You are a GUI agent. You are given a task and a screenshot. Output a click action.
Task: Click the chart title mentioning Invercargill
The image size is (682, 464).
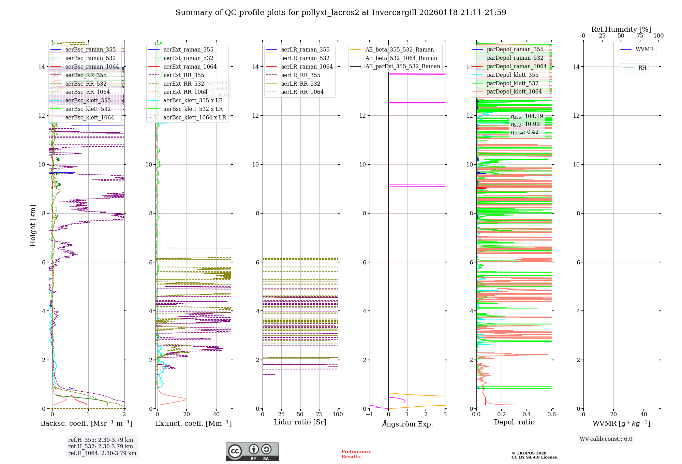coord(341,13)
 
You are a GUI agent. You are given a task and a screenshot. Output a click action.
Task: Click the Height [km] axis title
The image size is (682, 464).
coord(33,225)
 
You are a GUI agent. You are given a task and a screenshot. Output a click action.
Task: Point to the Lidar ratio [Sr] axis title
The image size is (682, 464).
coord(300,422)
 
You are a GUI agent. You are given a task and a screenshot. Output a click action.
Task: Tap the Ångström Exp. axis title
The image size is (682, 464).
coord(407,424)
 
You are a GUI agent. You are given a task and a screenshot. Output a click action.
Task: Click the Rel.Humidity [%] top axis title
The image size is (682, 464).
coord(621,29)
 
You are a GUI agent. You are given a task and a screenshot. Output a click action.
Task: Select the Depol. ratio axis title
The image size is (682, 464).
coord(514,422)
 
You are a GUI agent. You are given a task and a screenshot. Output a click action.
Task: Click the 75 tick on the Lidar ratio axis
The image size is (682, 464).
coord(319,415)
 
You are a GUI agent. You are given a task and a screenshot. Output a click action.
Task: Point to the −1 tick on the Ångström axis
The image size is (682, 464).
coord(369,415)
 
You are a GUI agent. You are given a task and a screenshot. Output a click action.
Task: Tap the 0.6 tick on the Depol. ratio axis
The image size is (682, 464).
coord(551,415)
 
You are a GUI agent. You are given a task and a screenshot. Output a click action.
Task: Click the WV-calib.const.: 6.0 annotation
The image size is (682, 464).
coord(606,439)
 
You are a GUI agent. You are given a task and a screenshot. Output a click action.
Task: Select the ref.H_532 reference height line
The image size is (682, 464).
coord(101,447)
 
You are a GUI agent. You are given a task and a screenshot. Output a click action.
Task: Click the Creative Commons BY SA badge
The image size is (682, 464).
coord(252,452)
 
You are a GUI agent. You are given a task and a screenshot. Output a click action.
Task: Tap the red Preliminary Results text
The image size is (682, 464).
coord(356,454)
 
